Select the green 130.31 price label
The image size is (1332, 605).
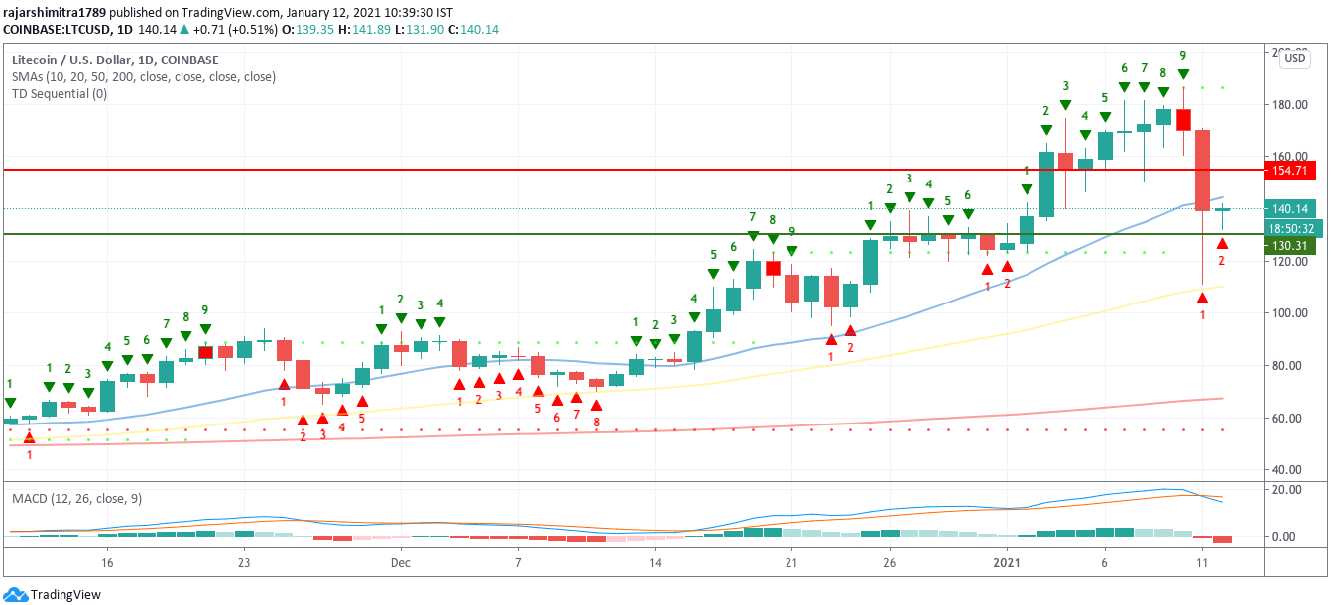click(x=1288, y=246)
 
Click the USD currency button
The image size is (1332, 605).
click(x=1294, y=59)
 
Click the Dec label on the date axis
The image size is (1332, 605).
click(x=401, y=562)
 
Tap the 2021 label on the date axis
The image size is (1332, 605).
click(x=1007, y=562)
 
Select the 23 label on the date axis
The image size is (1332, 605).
click(x=244, y=562)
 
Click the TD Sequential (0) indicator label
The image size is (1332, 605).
click(x=60, y=94)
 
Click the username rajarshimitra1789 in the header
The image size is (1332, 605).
click(x=54, y=13)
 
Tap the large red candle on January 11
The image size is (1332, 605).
click(x=1202, y=170)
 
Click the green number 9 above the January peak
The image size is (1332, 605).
click(x=1183, y=55)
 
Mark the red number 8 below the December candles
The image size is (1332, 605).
click(x=596, y=423)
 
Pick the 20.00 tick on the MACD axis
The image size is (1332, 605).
click(x=1287, y=490)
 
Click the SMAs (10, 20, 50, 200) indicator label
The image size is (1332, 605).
click(x=144, y=76)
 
